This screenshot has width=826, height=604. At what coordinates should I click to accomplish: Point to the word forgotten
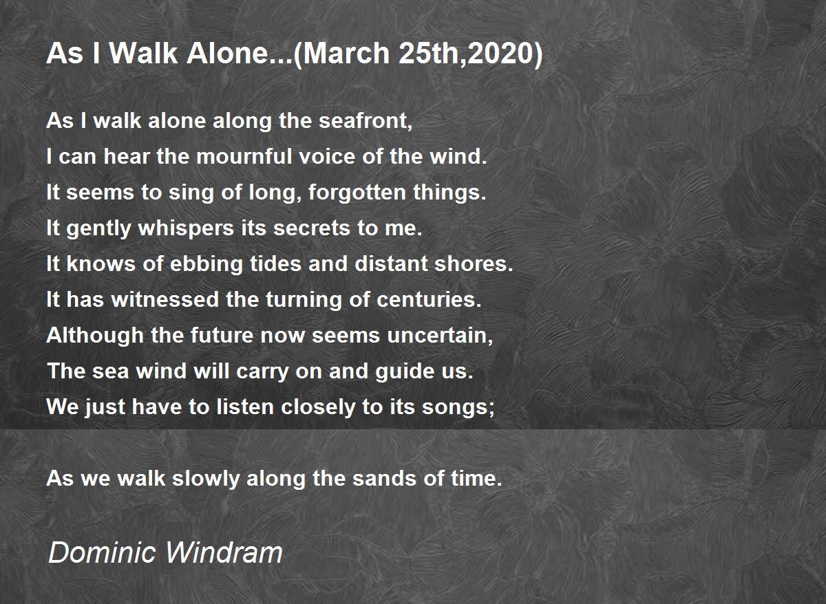[x=357, y=193]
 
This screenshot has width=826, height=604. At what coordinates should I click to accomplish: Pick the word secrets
[x=312, y=228]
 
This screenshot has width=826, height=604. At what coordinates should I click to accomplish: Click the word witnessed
[x=165, y=299]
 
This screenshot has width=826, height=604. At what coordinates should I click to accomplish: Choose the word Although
[x=95, y=335]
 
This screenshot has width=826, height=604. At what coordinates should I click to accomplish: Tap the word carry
[x=262, y=371]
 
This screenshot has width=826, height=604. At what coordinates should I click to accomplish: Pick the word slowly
[x=206, y=478]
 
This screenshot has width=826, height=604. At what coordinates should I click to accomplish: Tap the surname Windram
[x=224, y=552]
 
